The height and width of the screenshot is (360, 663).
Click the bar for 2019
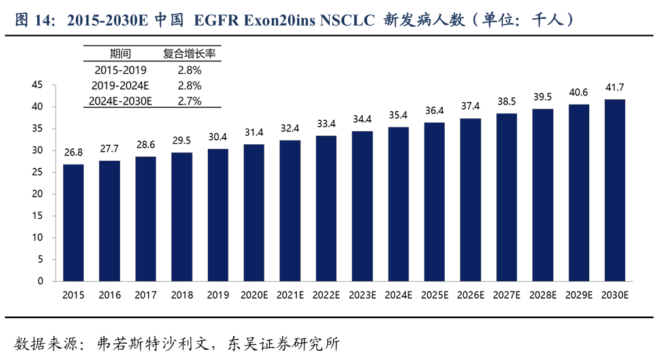click(x=218, y=215)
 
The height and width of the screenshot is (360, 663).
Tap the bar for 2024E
click(x=398, y=204)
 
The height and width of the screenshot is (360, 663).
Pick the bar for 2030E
click(x=615, y=190)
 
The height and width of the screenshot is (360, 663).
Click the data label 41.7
click(x=615, y=88)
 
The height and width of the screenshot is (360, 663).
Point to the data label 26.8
click(x=73, y=153)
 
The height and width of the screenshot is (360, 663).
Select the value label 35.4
click(x=398, y=116)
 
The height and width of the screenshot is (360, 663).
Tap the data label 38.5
click(x=507, y=102)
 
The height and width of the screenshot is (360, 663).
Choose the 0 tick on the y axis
click(x=40, y=281)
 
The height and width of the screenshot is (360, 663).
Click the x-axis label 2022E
click(x=327, y=295)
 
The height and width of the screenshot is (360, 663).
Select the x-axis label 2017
click(x=146, y=295)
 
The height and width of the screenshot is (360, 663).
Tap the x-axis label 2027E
click(x=507, y=295)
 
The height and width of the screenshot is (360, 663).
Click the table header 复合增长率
click(x=189, y=54)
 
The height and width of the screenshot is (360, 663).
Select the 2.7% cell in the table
click(x=189, y=101)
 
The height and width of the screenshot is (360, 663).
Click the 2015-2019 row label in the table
click(x=120, y=70)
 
